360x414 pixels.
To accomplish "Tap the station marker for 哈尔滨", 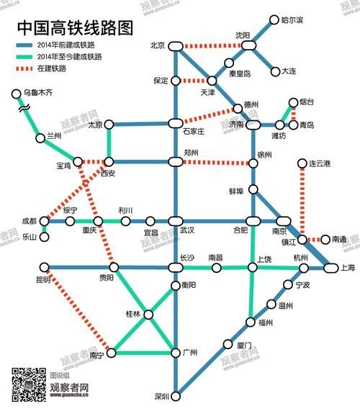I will pyautogui.click(x=274, y=19).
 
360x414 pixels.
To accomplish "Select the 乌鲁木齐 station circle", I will pyautogui.click(x=16, y=94).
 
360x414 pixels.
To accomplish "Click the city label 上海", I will pyautogui.click(x=348, y=268).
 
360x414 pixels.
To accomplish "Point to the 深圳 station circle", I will pyautogui.click(x=175, y=395).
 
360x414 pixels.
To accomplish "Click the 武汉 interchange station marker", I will pyautogui.click(x=175, y=221).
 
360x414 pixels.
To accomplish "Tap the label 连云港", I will pyautogui.click(x=319, y=164).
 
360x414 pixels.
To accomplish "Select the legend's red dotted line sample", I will pyautogui.click(x=29, y=69).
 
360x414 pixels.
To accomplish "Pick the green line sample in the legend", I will pyautogui.click(x=29, y=56).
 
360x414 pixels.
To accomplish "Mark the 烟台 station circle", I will pyautogui.click(x=293, y=103).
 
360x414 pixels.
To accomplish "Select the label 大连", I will pyautogui.click(x=289, y=71).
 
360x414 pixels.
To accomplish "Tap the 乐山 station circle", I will pyautogui.click(x=44, y=235).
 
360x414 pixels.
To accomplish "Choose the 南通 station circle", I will pyautogui.click(x=325, y=239).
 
